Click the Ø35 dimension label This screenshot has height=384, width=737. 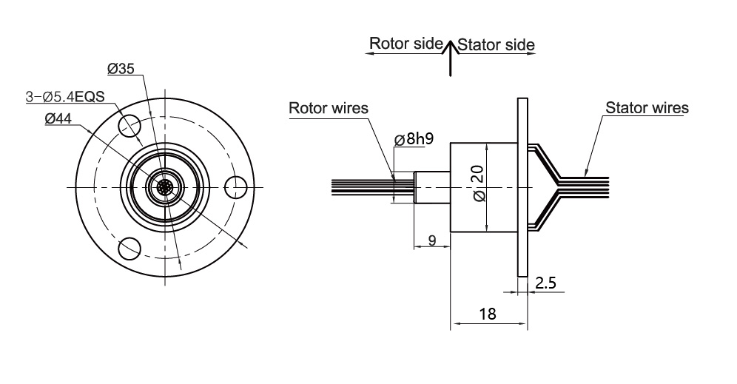[121, 69]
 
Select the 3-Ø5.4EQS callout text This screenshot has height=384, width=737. [65, 96]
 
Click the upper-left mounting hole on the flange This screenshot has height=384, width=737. [129, 123]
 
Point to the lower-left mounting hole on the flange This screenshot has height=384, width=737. [129, 248]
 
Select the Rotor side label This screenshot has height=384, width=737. [405, 43]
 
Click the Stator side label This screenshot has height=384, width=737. [496, 44]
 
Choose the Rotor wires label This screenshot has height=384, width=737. [328, 108]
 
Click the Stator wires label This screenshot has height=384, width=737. [647, 108]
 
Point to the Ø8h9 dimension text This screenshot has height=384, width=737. [414, 139]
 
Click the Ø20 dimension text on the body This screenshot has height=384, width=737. [478, 184]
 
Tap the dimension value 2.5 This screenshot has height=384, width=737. [545, 282]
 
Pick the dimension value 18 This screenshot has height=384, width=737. [487, 314]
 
